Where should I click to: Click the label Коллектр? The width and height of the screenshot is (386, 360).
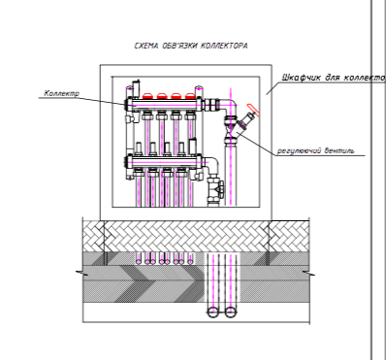click(x=61, y=93)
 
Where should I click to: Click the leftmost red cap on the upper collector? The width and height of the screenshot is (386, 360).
click(x=147, y=96)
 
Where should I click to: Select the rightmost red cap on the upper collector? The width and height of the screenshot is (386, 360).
click(x=190, y=96)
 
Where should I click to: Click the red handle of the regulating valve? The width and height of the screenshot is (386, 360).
click(x=252, y=110)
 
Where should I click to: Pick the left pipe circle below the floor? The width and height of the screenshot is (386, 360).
click(x=212, y=312)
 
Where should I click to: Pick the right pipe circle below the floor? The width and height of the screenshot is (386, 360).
click(x=230, y=312)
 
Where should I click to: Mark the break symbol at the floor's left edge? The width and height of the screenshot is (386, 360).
click(x=81, y=274)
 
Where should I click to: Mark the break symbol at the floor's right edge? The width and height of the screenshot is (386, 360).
click(x=309, y=274)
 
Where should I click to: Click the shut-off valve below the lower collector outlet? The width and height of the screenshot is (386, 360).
click(x=215, y=188)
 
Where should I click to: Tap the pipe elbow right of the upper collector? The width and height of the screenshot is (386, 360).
click(x=231, y=105)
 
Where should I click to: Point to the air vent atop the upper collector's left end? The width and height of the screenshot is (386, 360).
click(x=137, y=86)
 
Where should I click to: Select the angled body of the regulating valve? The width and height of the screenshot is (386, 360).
click(x=245, y=124)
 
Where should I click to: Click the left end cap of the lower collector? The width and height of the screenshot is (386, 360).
click(x=128, y=161)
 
